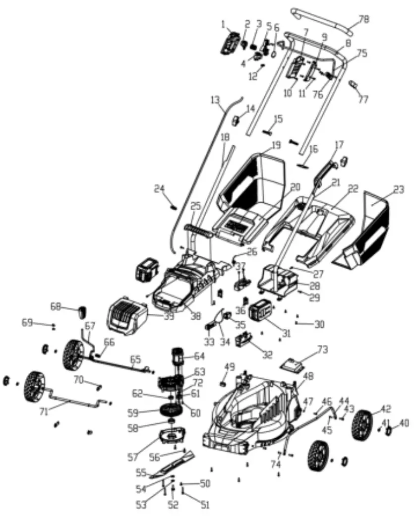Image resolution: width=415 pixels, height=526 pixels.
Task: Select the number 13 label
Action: pyautogui.click(x=214, y=101)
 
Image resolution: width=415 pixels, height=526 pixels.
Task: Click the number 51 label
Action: pyautogui.click(x=205, y=505)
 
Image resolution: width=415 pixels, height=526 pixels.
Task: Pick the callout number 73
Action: pyautogui.click(x=323, y=350)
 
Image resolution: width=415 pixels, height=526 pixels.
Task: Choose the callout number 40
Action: pyautogui.click(x=405, y=423)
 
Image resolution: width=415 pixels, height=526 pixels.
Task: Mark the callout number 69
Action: pyautogui.click(x=27, y=323)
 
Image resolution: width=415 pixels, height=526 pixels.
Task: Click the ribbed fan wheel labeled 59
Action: pyautogui.click(x=167, y=411)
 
